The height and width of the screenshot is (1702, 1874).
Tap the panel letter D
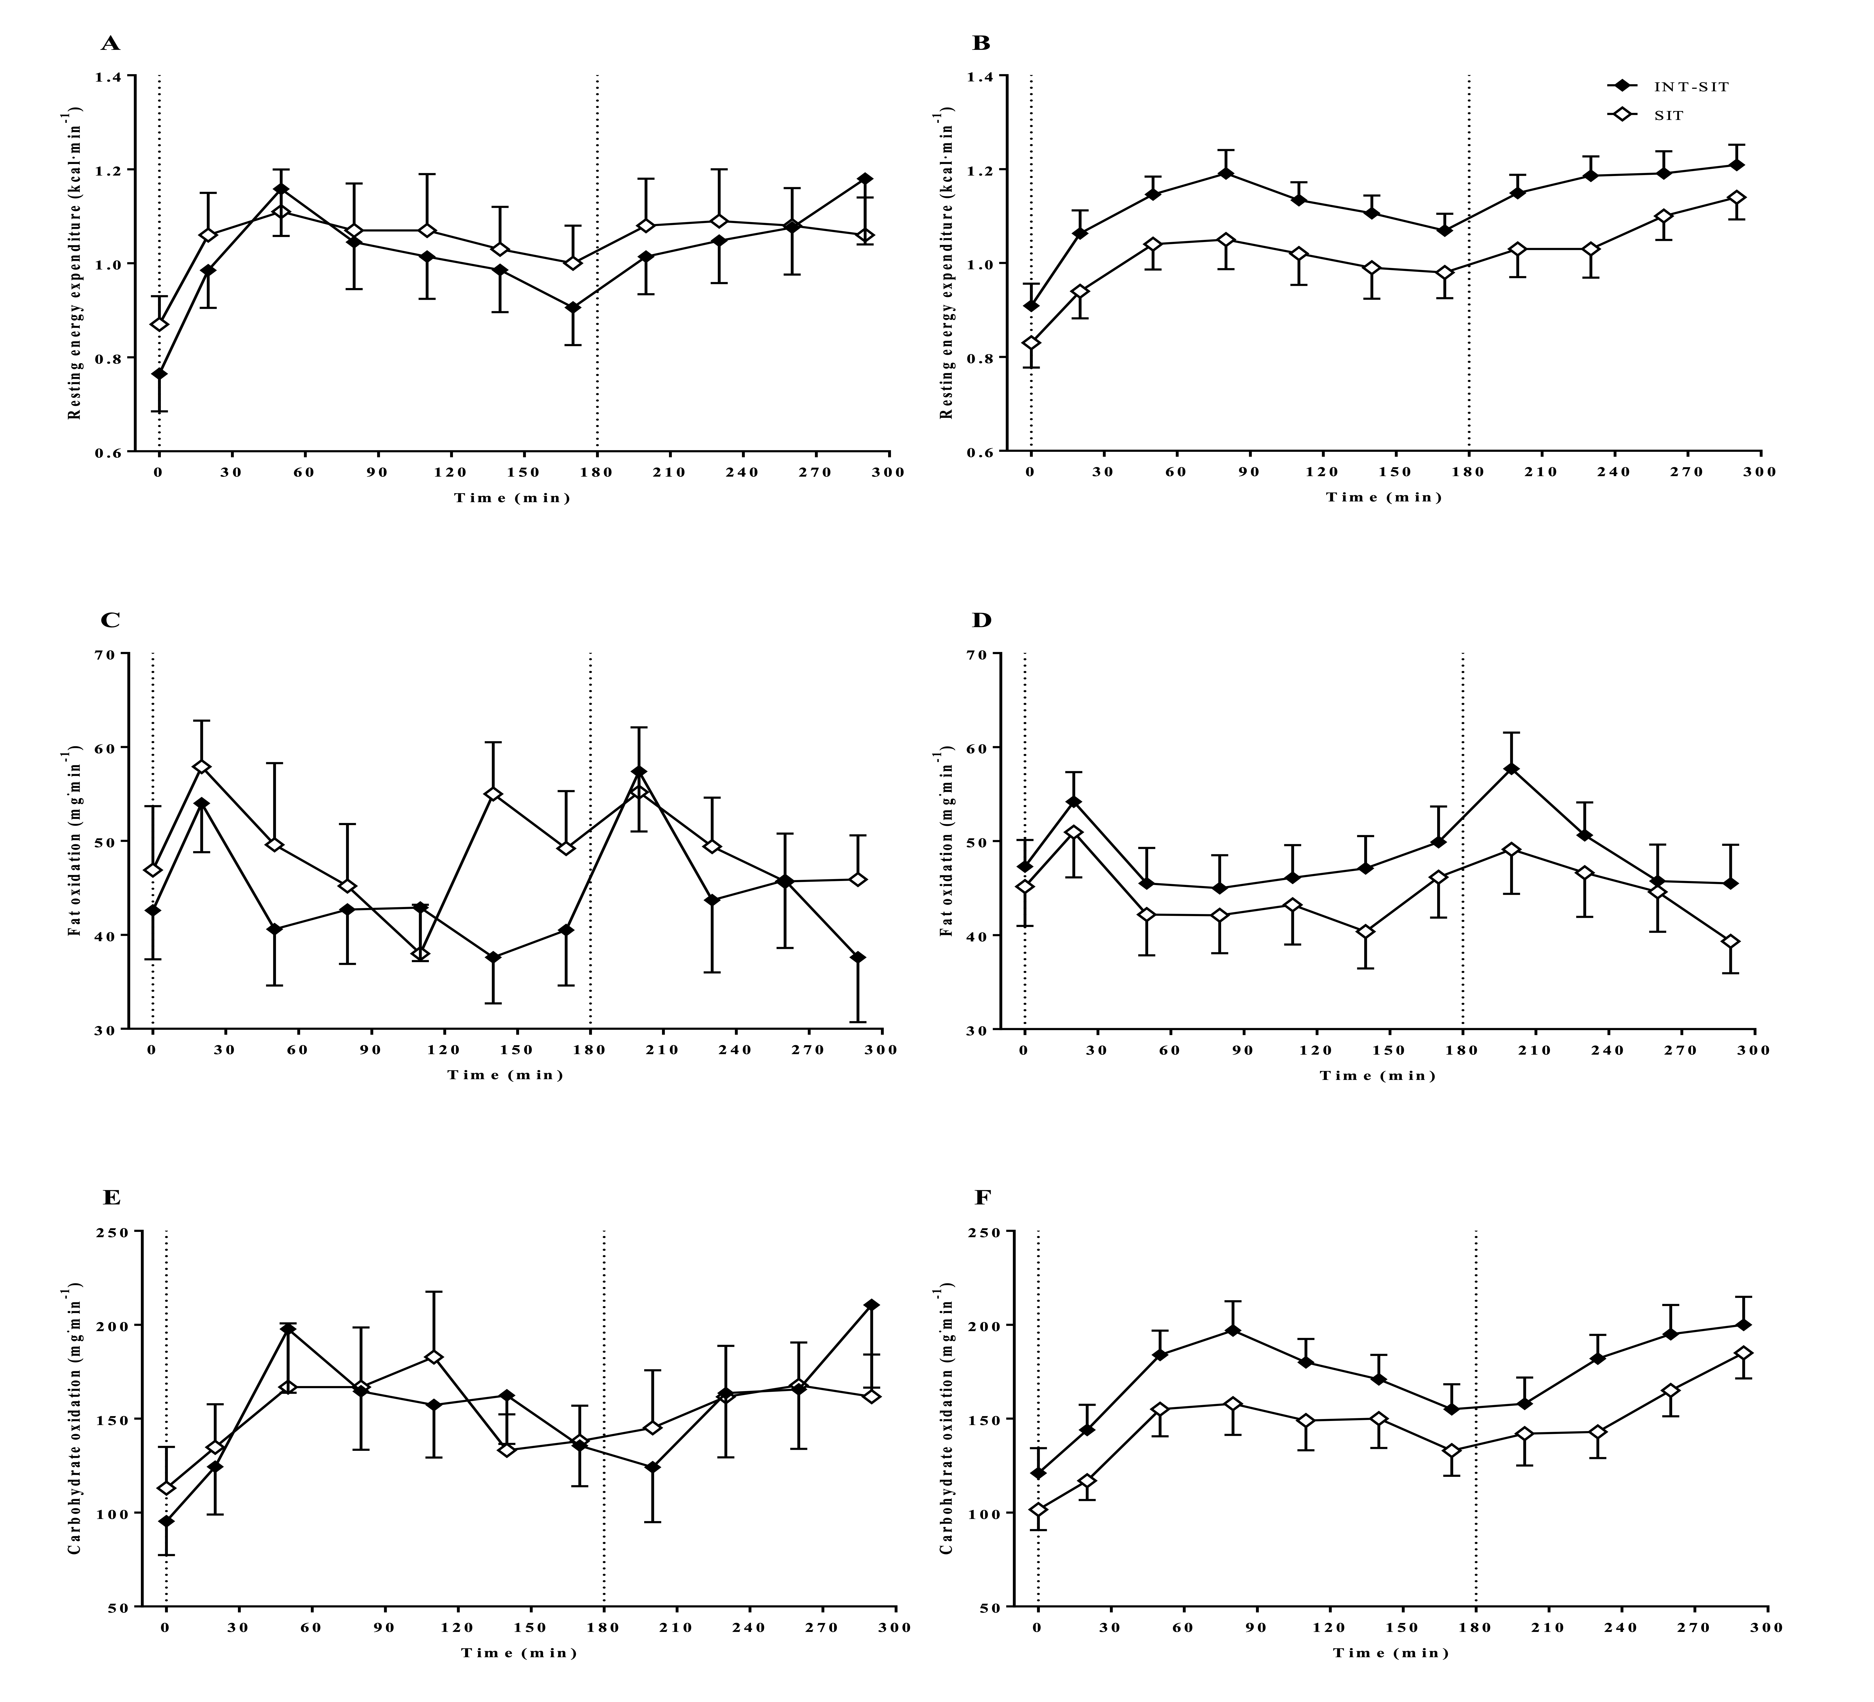click(x=983, y=620)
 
